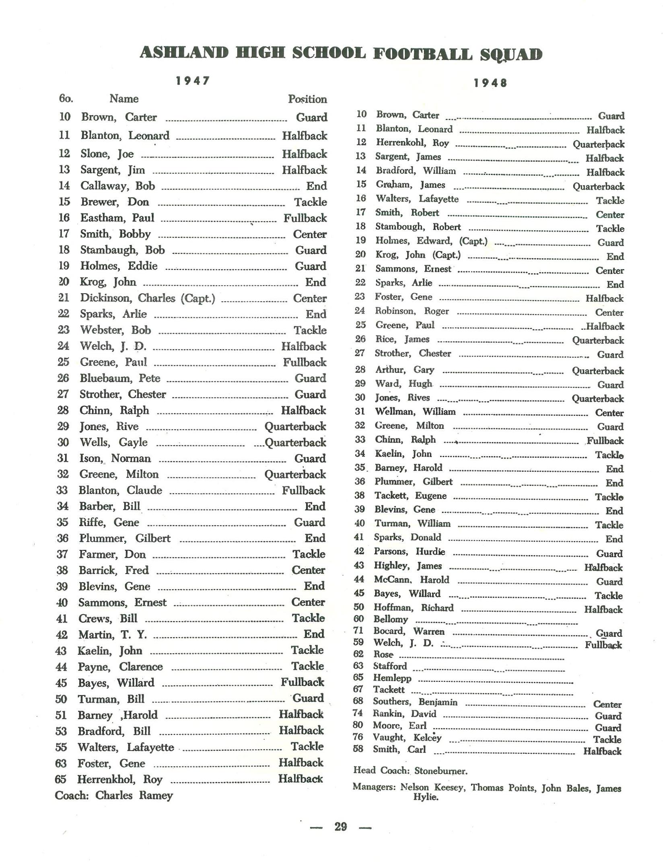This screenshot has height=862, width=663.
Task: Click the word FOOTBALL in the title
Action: pyautogui.click(x=422, y=54)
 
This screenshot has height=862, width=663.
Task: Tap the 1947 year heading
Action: pyautogui.click(x=193, y=81)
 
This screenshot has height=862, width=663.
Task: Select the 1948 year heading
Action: pyautogui.click(x=490, y=83)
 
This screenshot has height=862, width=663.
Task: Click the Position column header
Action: pyautogui.click(x=307, y=99)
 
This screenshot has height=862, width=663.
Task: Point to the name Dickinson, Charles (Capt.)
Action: pyautogui.click(x=148, y=298)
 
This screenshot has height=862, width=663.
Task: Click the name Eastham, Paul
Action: pyautogui.click(x=117, y=218)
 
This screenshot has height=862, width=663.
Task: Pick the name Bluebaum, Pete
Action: pyautogui.click(x=120, y=378)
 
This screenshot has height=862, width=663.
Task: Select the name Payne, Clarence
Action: pyautogui.click(x=120, y=667)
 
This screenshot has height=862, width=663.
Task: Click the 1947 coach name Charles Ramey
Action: pyautogui.click(x=134, y=795)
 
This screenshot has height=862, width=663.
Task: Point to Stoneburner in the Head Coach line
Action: pyautogui.click(x=441, y=771)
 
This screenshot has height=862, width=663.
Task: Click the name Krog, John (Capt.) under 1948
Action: pyautogui.click(x=418, y=255)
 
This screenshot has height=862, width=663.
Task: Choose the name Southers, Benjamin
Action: pyautogui.click(x=415, y=702)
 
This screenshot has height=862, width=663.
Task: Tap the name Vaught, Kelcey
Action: pyautogui.click(x=407, y=737)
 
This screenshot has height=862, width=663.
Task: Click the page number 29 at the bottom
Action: pyautogui.click(x=340, y=827)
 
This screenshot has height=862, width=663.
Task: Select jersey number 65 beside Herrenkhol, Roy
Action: pyautogui.click(x=60, y=779)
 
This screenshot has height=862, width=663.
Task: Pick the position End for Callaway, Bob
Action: pyautogui.click(x=316, y=186)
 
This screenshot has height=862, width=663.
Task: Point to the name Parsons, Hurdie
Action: pyautogui.click(x=410, y=551)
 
